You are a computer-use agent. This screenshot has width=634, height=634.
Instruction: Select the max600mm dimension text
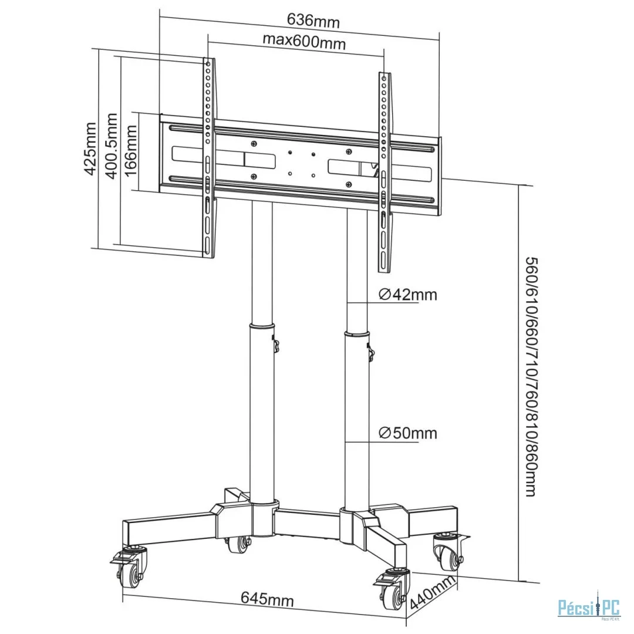(x=303, y=42)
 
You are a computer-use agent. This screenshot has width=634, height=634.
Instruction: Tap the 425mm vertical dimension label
(x=90, y=149)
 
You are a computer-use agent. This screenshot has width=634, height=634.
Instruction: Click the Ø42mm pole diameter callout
(x=407, y=294)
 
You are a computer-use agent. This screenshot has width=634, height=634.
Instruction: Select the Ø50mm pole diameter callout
(x=407, y=433)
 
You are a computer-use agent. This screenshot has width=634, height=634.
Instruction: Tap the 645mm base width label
(x=267, y=599)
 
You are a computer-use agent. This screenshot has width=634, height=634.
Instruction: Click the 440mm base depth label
(x=434, y=593)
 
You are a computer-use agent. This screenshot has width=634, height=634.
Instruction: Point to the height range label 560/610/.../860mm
(x=530, y=376)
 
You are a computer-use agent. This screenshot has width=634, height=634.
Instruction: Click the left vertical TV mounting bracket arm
(x=208, y=158)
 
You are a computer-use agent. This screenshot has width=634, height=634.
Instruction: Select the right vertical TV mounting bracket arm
(x=384, y=173)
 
